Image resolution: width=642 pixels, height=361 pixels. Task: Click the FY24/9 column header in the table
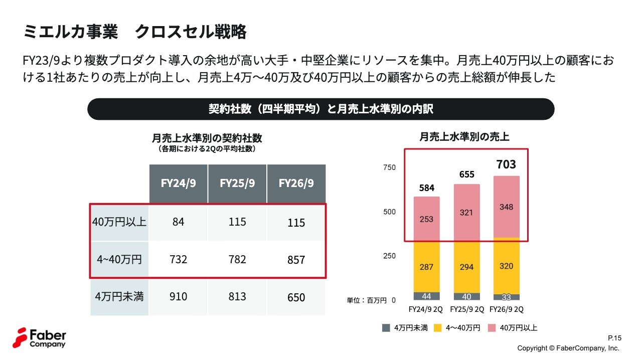pyautogui.click(x=178, y=184)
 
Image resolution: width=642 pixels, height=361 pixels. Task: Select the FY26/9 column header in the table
pyautogui.click(x=296, y=184)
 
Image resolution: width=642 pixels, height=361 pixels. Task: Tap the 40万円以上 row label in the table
pyautogui.click(x=119, y=222)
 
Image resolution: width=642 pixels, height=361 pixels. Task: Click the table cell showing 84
pyautogui.click(x=178, y=222)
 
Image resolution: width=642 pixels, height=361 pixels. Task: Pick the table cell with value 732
pyautogui.click(x=178, y=260)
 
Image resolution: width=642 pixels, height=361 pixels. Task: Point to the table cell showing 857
pyautogui.click(x=296, y=260)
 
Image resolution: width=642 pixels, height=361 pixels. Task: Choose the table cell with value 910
pyautogui.click(x=178, y=297)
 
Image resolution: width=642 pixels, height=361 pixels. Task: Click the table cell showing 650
pyautogui.click(x=296, y=297)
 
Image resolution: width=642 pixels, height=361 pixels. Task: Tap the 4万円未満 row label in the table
pyautogui.click(x=119, y=297)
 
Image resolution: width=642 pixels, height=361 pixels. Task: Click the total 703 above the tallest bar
pyautogui.click(x=506, y=164)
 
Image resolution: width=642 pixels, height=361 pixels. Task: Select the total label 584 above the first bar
pyautogui.click(x=426, y=188)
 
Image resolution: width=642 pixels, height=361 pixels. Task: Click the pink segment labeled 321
pyautogui.click(x=466, y=213)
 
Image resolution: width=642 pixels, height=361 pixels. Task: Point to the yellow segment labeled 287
pyautogui.click(x=426, y=267)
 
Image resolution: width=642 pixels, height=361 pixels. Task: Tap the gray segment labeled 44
pyautogui.click(x=426, y=296)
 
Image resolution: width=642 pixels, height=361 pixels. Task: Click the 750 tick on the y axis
pyautogui.click(x=389, y=167)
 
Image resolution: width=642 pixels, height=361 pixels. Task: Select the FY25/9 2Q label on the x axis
pyautogui.click(x=467, y=309)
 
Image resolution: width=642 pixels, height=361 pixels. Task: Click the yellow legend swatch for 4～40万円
pyautogui.click(x=438, y=328)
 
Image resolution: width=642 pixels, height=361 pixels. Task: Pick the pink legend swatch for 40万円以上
pyautogui.click(x=492, y=328)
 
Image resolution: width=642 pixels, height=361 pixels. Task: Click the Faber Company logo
pyautogui.click(x=39, y=338)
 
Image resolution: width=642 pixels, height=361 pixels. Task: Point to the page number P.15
pyautogui.click(x=614, y=338)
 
